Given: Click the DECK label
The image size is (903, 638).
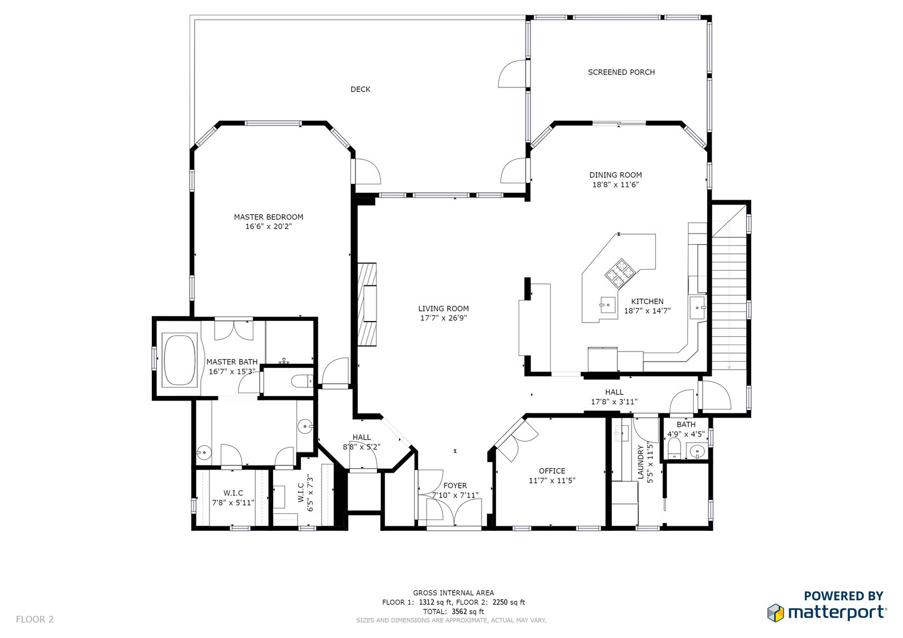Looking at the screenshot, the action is coord(360,90).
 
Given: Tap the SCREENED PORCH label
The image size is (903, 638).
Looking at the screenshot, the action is coord(621,72).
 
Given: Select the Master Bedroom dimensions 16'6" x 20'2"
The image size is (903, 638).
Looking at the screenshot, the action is coord(269,227).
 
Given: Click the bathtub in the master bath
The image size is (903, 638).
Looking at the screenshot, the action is coord(180,360).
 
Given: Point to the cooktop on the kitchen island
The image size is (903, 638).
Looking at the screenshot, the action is coord(620,273).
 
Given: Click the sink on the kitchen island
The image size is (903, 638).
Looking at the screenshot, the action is coord(607,305).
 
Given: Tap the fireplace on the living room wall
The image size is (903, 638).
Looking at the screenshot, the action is coord(367,304).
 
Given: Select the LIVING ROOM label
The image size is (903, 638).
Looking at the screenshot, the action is coord(444,309).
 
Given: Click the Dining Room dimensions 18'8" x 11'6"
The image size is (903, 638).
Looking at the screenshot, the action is coord(616,185).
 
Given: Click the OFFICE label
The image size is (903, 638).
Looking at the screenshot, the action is coord(552,471).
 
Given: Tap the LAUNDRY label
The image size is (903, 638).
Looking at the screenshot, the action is coord(641,462).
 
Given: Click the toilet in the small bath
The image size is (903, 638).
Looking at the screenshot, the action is coord(674,448).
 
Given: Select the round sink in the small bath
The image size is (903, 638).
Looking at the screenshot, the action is coord(697,451).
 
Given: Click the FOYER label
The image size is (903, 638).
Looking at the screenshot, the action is coord(455,486).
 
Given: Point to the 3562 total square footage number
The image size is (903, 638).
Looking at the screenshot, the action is coord(459,611).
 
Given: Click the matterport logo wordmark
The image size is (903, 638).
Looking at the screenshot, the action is coord(837,613).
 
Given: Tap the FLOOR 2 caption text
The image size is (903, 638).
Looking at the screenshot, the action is coord(34,619).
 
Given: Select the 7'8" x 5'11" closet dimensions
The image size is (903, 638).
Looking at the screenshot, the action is coord(233,503).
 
